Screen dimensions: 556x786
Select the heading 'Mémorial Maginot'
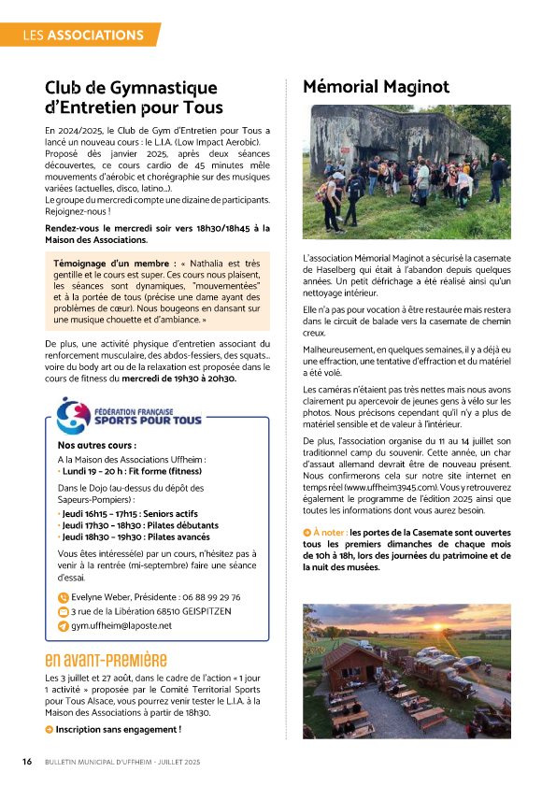(376, 87)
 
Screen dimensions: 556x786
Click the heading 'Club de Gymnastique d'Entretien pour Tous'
(134, 97)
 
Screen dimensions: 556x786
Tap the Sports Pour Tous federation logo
(129, 416)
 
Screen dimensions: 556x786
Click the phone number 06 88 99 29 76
(205, 597)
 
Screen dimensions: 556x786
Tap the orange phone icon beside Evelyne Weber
(63, 597)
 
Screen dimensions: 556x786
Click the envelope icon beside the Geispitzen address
(63, 611)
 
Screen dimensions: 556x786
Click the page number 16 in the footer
(28, 763)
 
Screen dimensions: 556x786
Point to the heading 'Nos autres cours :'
(96, 446)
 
